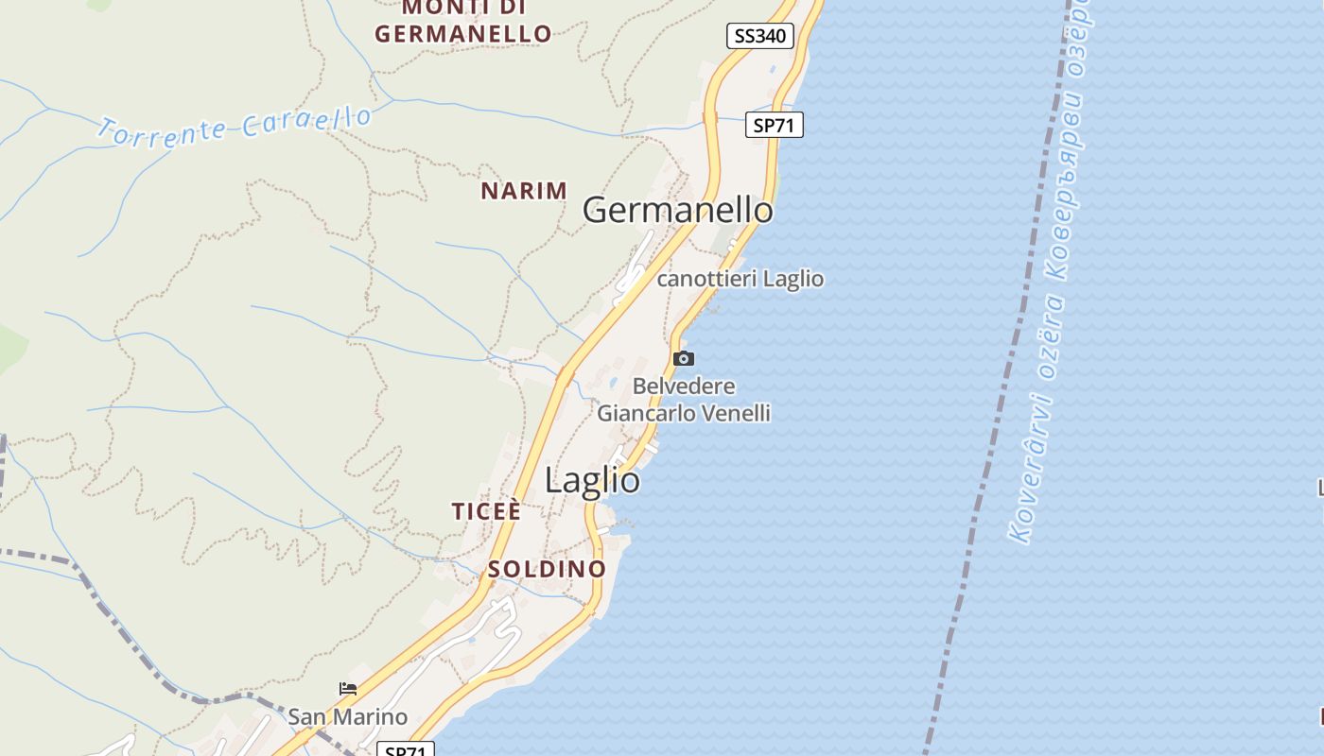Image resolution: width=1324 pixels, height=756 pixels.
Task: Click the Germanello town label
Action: tap(677, 210)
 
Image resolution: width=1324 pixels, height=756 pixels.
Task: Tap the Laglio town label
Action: tap(592, 480)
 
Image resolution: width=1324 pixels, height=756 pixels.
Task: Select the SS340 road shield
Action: tap(759, 36)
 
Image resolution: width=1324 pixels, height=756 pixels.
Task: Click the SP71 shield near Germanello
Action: tap(774, 125)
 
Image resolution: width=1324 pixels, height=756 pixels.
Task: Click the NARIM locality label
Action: tap(524, 191)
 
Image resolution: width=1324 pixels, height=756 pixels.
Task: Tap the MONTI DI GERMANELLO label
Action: tap(462, 22)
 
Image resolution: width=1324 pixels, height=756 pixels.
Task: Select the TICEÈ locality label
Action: tap(486, 511)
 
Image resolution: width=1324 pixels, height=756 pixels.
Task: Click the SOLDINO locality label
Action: tap(547, 569)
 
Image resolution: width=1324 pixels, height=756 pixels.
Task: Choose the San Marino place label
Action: tap(347, 716)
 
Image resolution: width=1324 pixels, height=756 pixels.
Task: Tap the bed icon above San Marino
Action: tap(348, 689)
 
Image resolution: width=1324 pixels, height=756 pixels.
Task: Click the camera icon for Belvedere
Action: tap(683, 358)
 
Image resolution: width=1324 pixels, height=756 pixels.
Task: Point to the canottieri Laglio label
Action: tap(740, 279)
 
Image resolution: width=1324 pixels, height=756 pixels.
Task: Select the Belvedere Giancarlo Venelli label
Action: tap(684, 400)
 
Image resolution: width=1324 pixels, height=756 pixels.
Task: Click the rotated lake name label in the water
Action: tap(1051, 274)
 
